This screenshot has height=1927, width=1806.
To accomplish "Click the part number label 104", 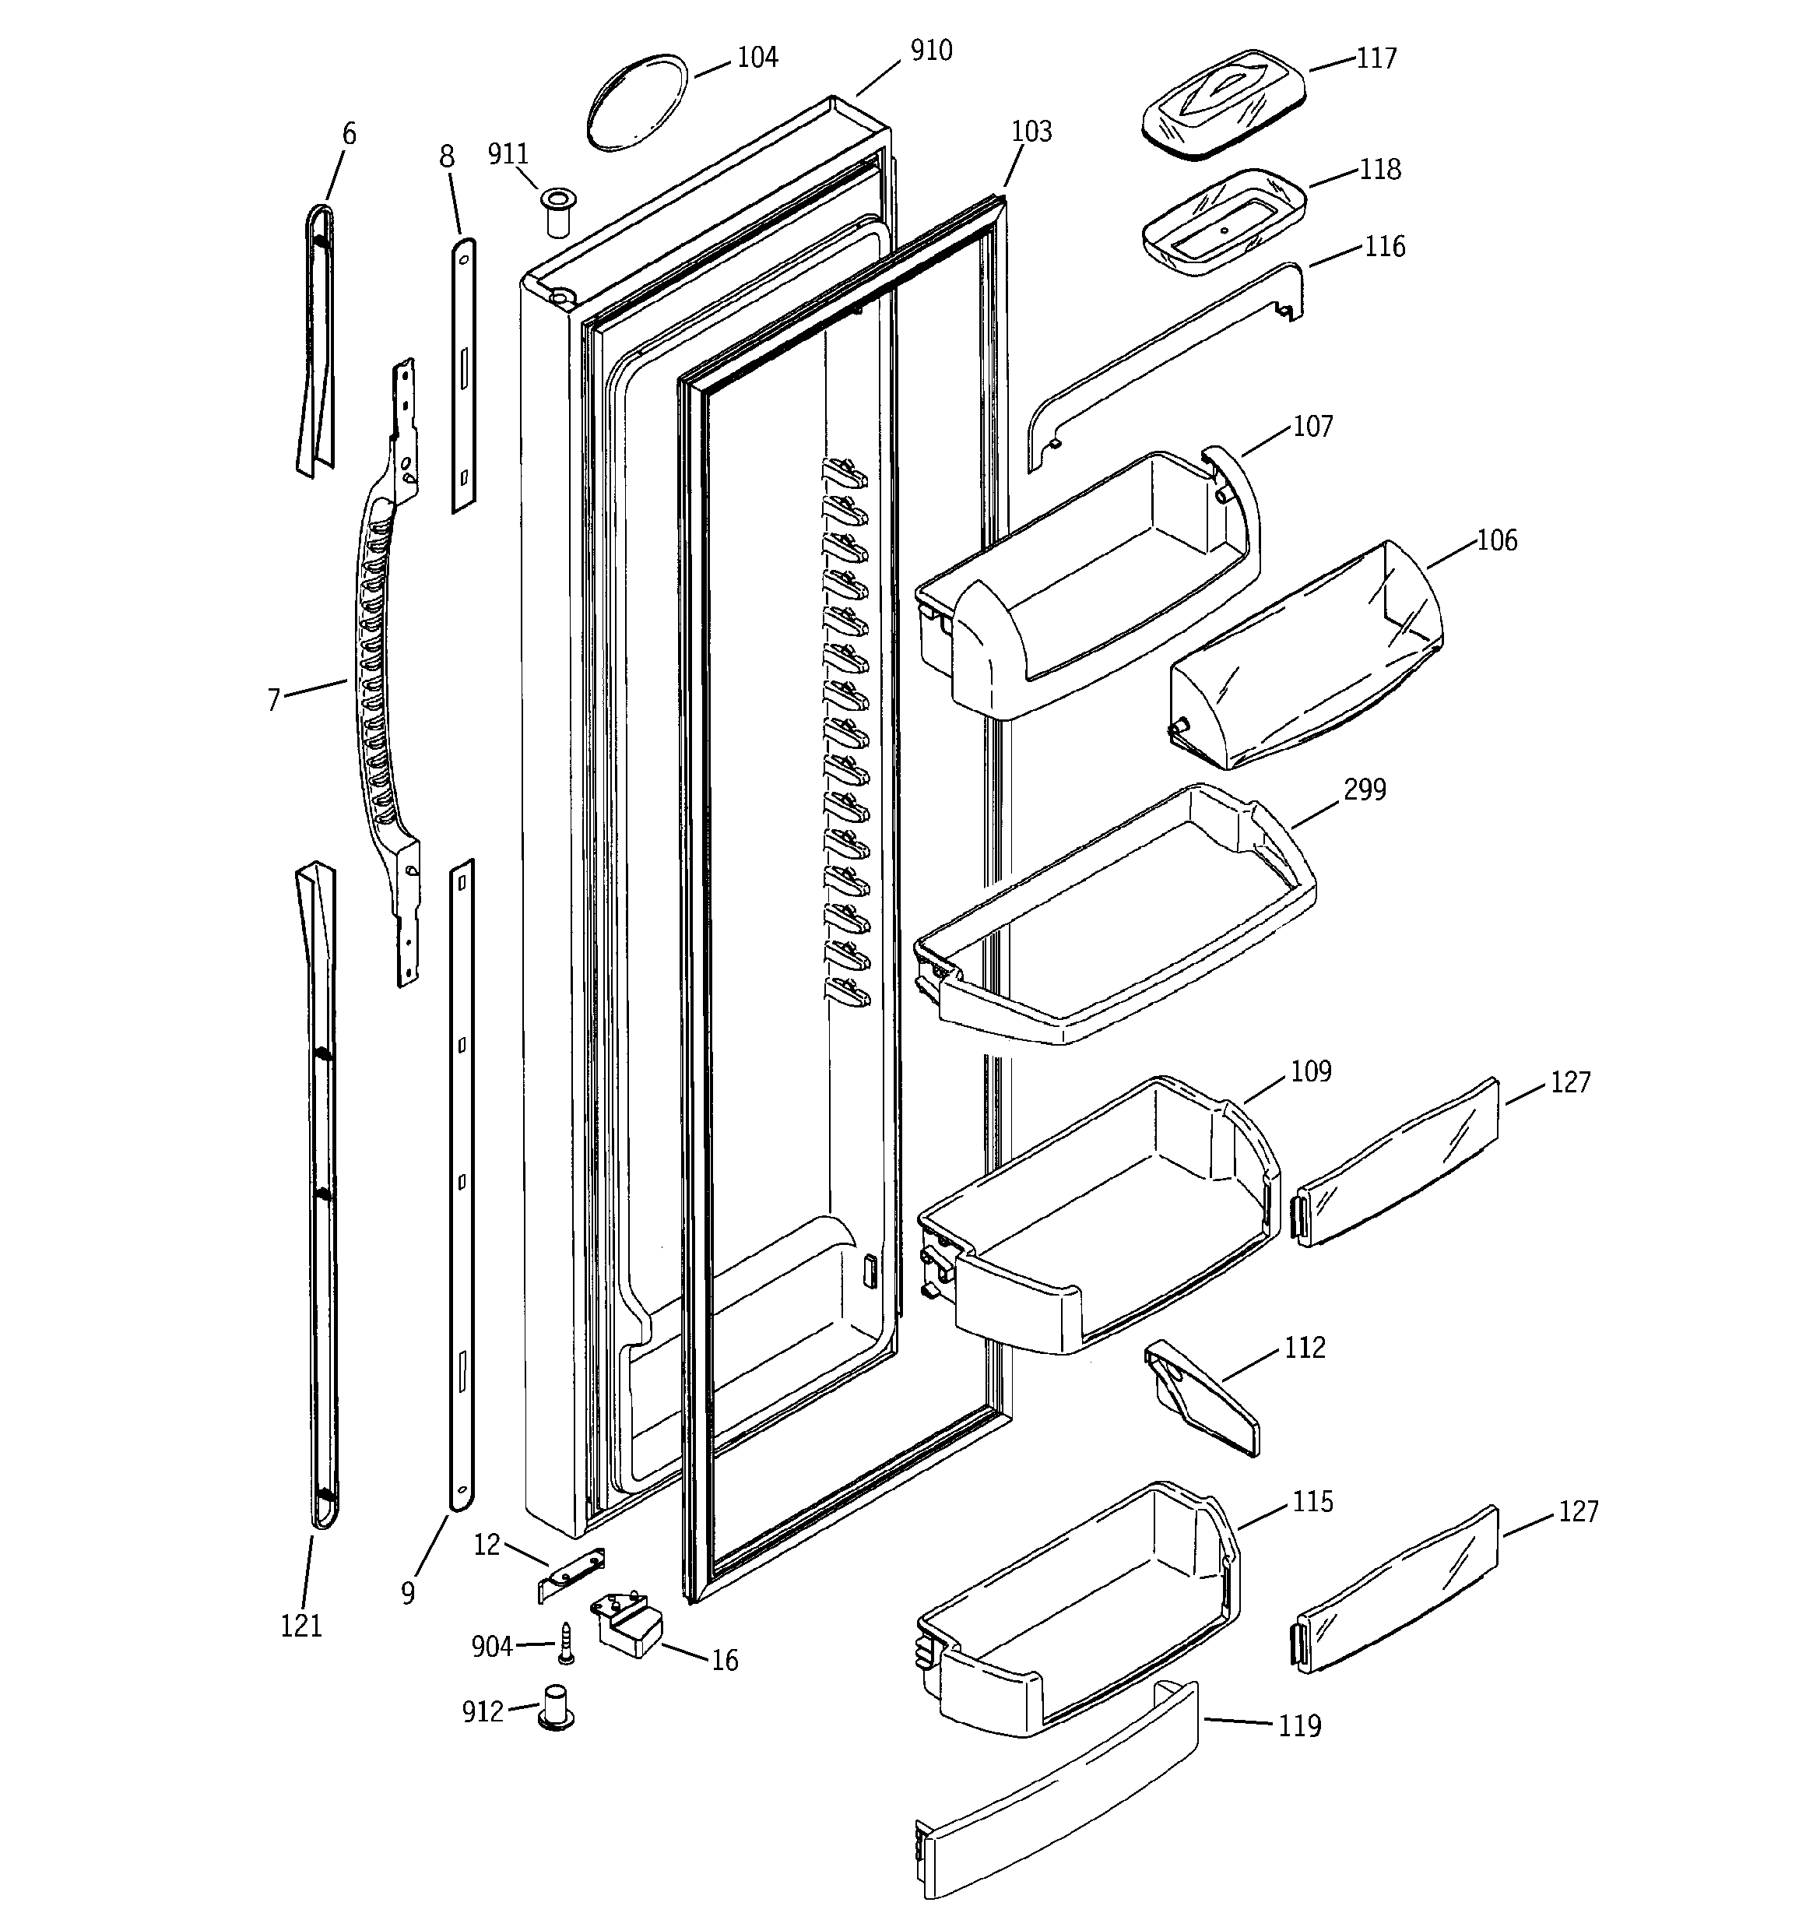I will tap(757, 58).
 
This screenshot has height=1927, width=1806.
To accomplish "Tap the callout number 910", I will tap(930, 51).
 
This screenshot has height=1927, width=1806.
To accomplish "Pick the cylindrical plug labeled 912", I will tap(557, 1708).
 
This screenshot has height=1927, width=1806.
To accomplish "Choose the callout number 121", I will tap(300, 1626).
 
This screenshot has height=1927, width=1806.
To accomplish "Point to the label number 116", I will tap(1383, 247).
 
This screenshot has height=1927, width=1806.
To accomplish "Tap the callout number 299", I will tap(1364, 790).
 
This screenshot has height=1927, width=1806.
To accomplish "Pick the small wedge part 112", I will tap(1202, 1396).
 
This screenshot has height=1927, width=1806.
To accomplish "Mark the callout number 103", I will tap(1031, 132).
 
